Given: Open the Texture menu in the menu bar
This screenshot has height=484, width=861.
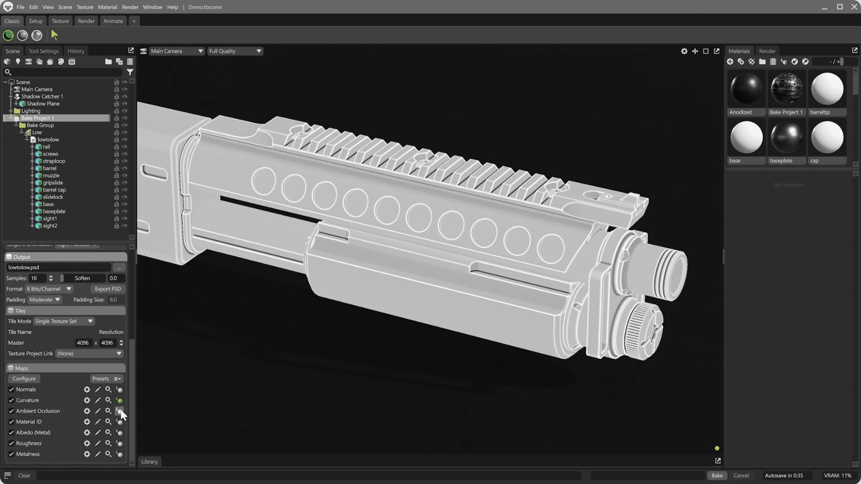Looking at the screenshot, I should (85, 7).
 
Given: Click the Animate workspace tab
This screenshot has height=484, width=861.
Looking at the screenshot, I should (113, 21).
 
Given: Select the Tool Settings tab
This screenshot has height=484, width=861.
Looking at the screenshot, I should (43, 51).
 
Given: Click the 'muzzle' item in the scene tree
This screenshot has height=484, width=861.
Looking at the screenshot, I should (51, 176).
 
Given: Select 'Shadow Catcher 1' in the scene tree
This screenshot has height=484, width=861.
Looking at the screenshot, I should (42, 96).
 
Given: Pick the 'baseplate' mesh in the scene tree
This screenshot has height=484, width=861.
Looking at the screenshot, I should (54, 211).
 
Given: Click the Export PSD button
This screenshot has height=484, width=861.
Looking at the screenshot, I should (107, 289).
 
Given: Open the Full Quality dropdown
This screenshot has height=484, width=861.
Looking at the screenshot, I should (235, 51).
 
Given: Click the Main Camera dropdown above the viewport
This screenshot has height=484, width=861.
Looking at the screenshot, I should (176, 51).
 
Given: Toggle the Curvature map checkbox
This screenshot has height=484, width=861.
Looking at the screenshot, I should (11, 401).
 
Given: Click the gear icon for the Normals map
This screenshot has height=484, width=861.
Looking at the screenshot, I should (87, 390).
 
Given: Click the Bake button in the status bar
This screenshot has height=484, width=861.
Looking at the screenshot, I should (717, 476).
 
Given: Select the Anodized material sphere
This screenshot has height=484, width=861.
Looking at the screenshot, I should (746, 89).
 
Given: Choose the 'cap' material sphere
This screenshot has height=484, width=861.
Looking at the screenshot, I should (827, 138).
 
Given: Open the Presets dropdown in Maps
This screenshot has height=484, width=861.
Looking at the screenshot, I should (106, 379).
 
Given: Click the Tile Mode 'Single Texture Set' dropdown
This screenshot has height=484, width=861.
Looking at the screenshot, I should (64, 321).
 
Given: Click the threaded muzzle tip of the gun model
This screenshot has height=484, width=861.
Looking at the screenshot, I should (667, 267).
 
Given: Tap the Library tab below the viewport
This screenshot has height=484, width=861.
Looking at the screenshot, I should (150, 462).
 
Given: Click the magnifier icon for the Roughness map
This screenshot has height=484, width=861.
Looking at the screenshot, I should (108, 443).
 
